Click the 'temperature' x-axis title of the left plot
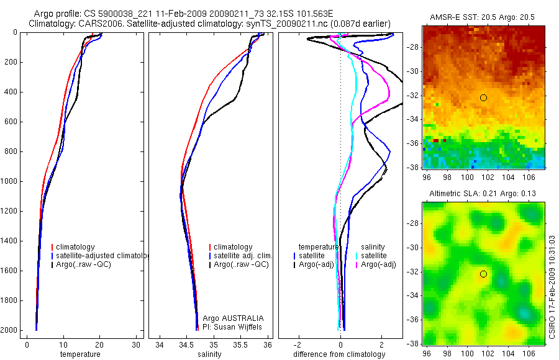tap(80, 354)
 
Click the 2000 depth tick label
tap(10, 330)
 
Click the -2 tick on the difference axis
tap(299, 344)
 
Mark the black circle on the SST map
tap(483, 97)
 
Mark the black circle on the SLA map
tap(483, 274)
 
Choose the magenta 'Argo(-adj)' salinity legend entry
tap(379, 264)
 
